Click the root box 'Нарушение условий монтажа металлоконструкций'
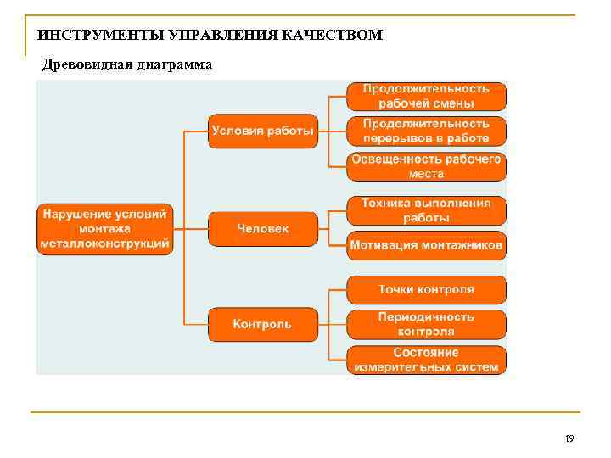(104, 228)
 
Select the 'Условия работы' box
(263, 131)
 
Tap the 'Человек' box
(263, 228)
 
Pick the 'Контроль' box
(263, 324)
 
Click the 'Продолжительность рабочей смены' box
(426, 96)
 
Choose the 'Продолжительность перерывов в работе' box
(426, 131)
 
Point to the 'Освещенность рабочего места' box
(426, 166)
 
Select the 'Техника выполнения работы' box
(426, 210)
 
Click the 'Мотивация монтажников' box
(426, 246)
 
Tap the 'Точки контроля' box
(426, 289)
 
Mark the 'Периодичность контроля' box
(426, 324)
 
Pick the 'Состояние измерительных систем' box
(426, 360)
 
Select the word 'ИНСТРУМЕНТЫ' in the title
(89, 36)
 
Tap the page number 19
(569, 438)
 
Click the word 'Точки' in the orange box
(395, 289)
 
